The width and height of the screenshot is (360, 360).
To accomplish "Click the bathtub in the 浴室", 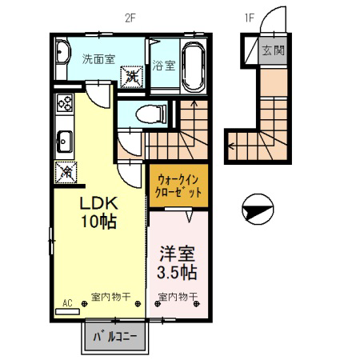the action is coord(194,66).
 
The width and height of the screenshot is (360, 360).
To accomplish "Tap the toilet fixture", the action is coord(151,114).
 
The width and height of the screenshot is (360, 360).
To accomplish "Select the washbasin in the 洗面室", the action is coord(63,52).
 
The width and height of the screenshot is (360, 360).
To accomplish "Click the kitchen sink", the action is coord(65,142).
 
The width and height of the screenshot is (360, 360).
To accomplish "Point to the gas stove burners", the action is coord(65,102).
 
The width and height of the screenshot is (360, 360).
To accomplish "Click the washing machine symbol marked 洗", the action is coord(132,77).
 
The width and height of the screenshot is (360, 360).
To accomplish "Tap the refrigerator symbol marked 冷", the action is coord(66,173).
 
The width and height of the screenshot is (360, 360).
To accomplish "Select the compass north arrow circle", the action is coord(258,209).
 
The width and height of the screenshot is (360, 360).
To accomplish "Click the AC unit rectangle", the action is coord(67,311).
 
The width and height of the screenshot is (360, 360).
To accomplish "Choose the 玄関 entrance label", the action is coord(274,50).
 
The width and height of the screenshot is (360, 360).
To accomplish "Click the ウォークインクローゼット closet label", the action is coord(178,186).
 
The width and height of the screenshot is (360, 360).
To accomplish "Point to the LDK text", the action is coord(99,204).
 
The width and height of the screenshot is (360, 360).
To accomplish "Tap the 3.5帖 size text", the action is coord(177,272).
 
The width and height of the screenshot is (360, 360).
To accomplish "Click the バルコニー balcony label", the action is coord(115,337).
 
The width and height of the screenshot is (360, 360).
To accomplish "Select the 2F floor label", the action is coord(130,18).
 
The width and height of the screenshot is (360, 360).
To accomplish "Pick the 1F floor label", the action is coord(249,18).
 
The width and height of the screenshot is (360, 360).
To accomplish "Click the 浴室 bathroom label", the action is coord(164,66).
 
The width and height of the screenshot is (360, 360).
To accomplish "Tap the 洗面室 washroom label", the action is coord(98,59).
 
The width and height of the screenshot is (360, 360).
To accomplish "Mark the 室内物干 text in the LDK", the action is coord(111,297).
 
